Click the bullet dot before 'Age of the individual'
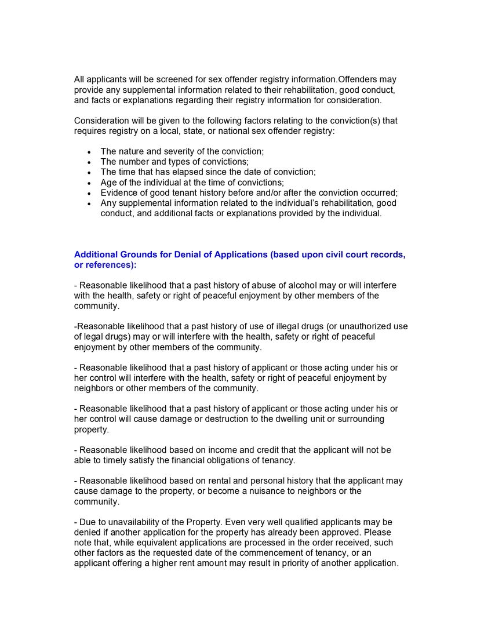pos(89,183)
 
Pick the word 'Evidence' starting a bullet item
pos(118,193)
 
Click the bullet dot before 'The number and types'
pos(89,162)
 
